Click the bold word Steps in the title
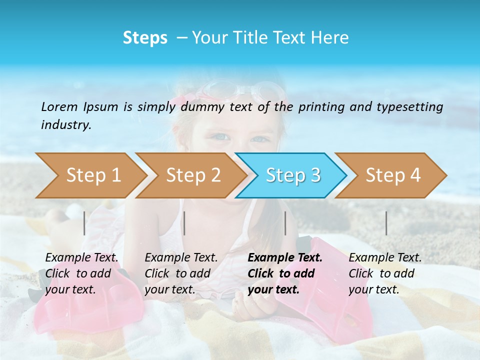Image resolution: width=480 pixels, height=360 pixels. pos(145,38)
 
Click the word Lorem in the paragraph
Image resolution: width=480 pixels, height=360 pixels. pos(58,106)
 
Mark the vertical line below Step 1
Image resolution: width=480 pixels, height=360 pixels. pos(84,223)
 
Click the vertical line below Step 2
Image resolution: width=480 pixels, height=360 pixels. pos(184,223)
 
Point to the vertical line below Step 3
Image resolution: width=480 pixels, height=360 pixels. pos(285,223)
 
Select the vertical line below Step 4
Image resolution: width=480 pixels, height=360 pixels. pos(386,223)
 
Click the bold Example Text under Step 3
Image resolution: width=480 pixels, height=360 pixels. pos(285,258)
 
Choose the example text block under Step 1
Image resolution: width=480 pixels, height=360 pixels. pos(81,273)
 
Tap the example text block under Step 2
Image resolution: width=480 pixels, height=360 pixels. pos(181,273)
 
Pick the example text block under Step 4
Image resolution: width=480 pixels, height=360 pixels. pos(385,273)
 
